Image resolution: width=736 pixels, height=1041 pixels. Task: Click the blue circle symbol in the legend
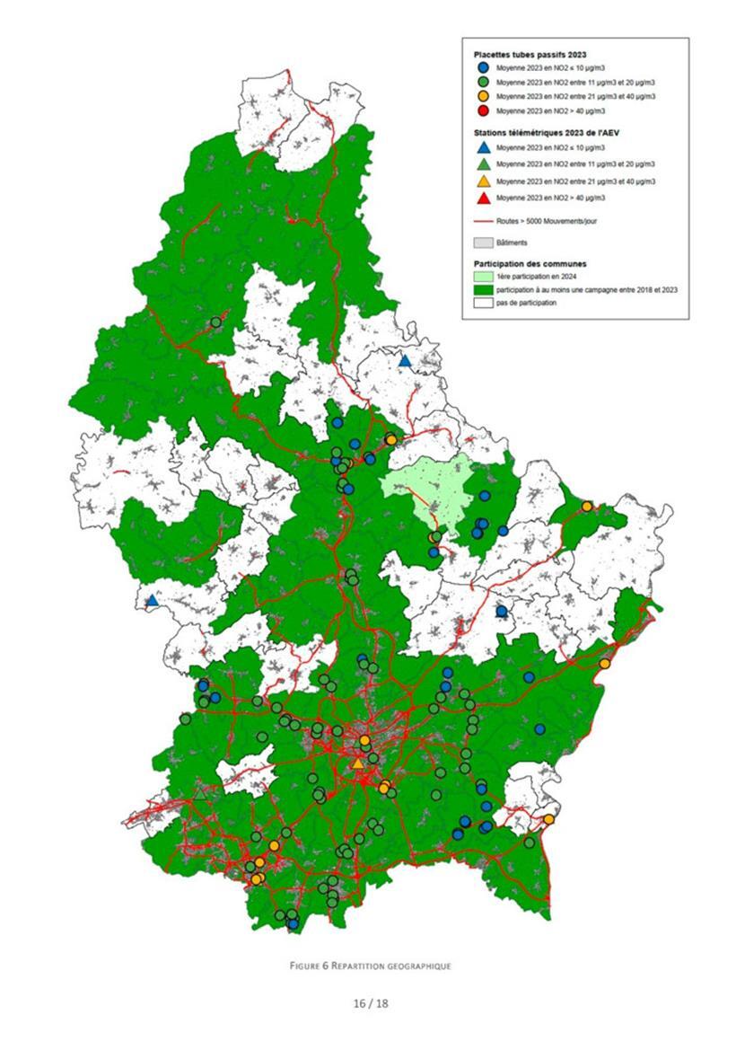482,68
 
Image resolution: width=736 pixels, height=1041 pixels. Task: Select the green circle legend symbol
482,82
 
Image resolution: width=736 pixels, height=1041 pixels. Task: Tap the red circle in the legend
482,110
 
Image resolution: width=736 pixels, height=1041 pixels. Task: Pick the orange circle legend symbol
482,96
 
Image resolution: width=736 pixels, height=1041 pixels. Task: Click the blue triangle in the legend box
482,147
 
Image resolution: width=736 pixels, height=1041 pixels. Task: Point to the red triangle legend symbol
482,197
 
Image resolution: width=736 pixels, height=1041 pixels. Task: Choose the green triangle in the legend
482,164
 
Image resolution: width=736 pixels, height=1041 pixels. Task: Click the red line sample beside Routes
482,218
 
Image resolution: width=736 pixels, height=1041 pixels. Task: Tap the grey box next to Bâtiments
482,242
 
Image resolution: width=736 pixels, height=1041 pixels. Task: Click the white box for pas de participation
482,303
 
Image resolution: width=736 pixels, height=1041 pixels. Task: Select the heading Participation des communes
530,264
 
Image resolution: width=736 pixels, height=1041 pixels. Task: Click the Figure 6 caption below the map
370,966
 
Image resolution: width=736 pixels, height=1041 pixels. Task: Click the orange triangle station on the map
358,763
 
